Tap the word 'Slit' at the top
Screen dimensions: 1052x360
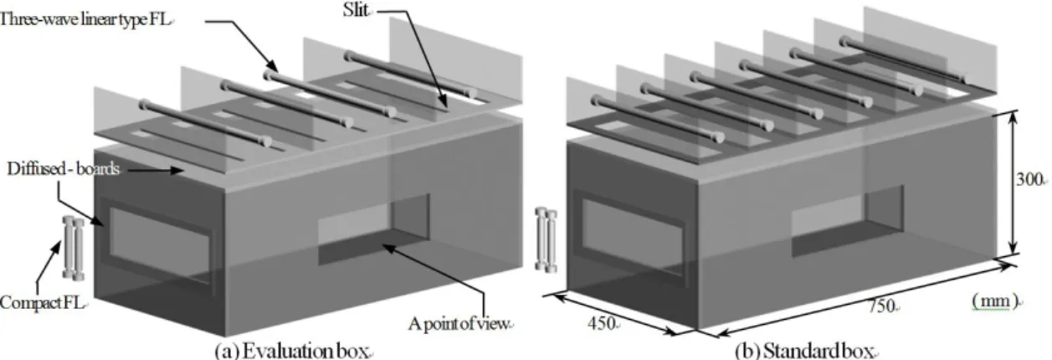tap(356, 10)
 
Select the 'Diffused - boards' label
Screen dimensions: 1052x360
tap(63, 169)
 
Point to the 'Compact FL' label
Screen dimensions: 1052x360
tap(42, 302)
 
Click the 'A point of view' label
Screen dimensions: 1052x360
tap(459, 323)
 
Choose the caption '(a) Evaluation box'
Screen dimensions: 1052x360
tap(291, 351)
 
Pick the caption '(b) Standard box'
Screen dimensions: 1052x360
tap(804, 351)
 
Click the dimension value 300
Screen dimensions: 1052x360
tap(1029, 179)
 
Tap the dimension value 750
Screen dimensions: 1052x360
tap(881, 306)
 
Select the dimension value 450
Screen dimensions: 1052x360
tap(602, 323)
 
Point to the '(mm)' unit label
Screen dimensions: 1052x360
tap(995, 301)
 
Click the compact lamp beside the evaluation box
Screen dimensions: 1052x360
tap(74, 248)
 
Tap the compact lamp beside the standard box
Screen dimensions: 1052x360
tap(547, 239)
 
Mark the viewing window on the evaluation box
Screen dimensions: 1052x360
tap(374, 229)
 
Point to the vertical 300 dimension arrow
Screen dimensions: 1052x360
tap(1013, 183)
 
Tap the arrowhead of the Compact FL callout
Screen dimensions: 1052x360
tap(59, 245)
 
